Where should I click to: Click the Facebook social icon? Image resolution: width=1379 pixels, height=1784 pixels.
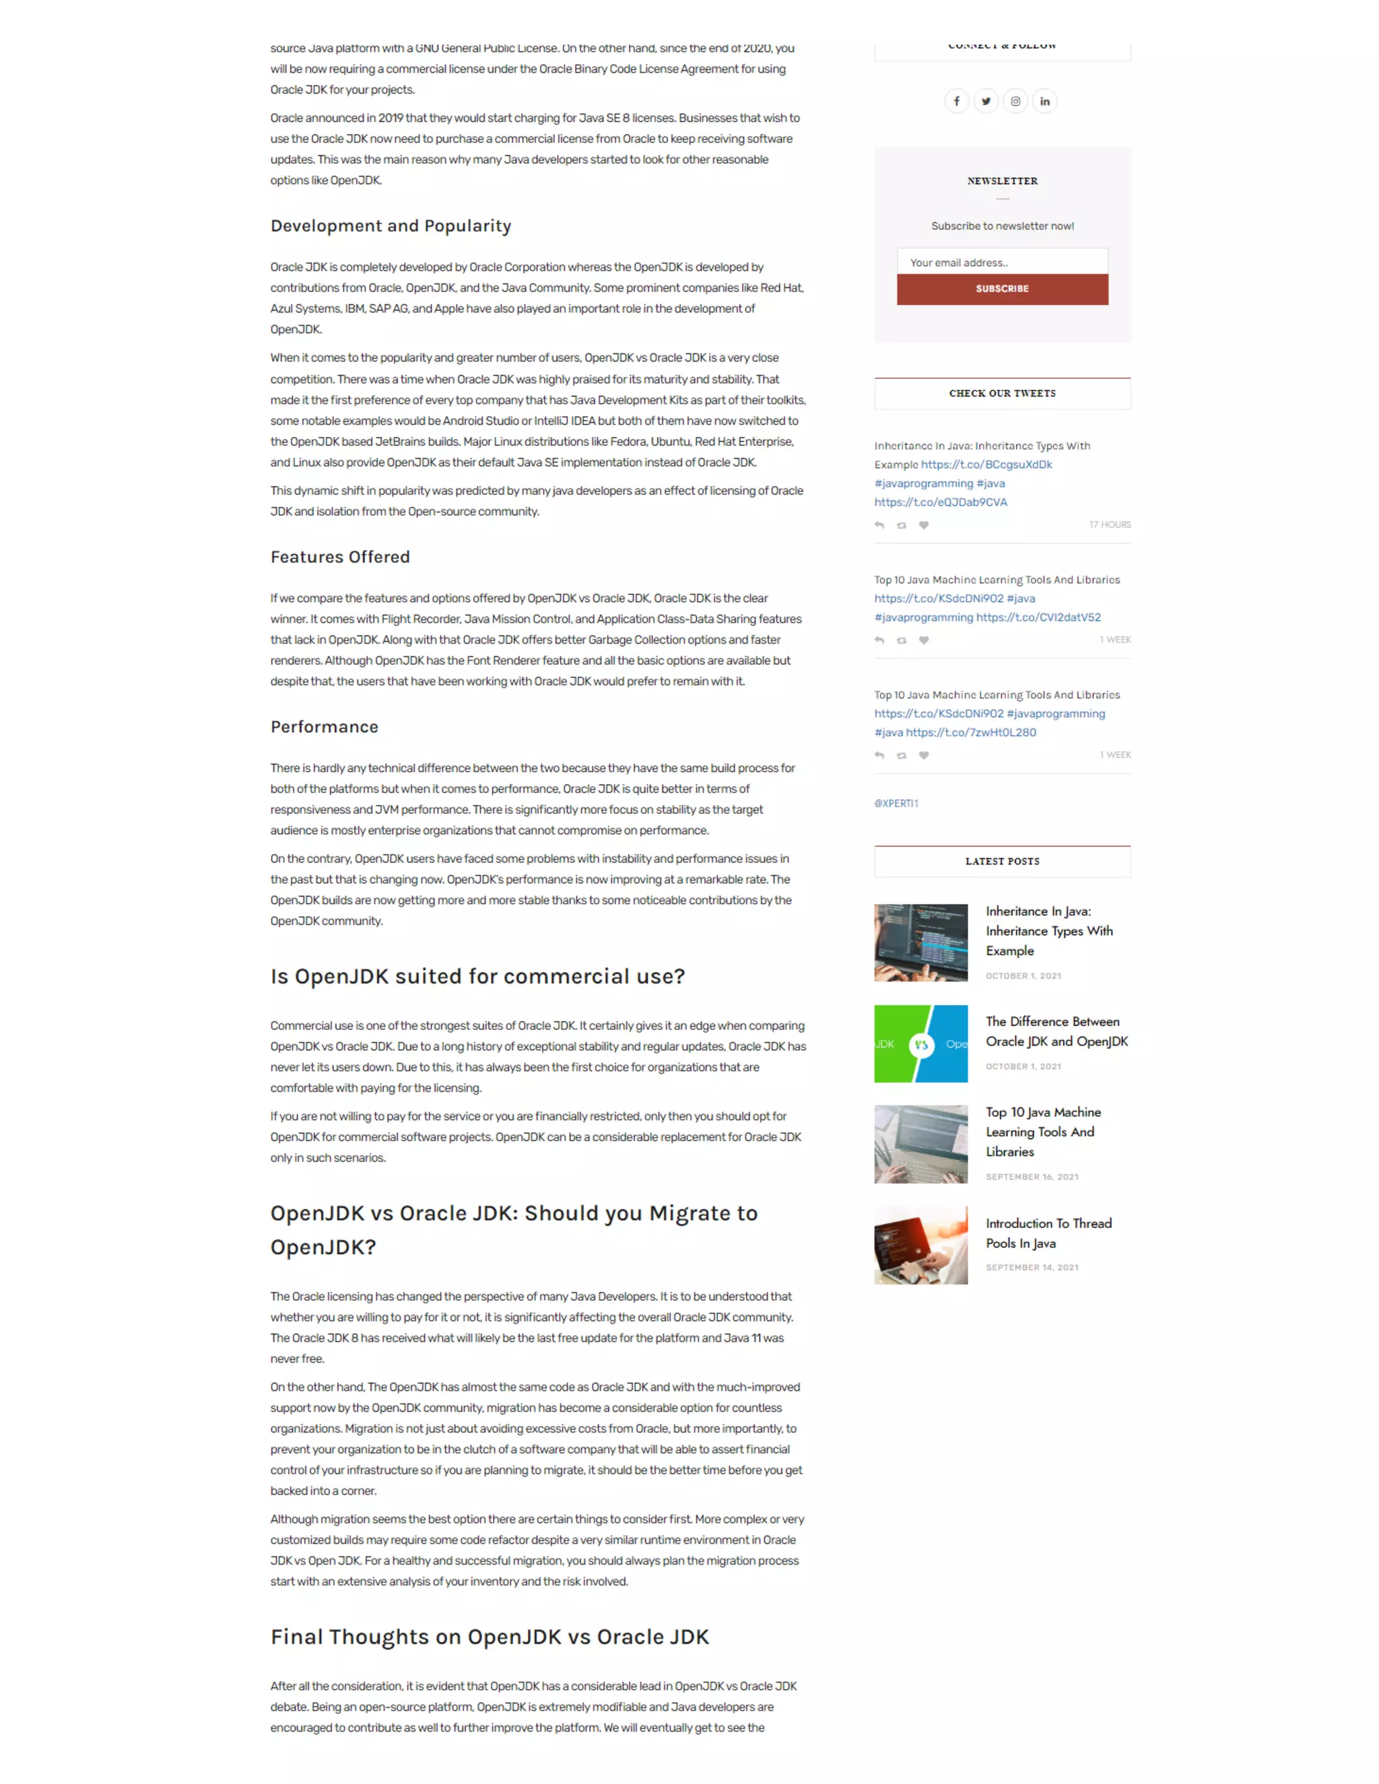click(957, 101)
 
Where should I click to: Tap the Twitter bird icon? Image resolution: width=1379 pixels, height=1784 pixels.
click(986, 101)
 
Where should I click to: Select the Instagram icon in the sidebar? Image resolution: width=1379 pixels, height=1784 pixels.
click(1015, 101)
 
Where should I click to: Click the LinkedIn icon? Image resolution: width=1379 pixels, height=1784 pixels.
click(1045, 101)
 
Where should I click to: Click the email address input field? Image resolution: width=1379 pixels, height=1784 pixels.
click(1003, 262)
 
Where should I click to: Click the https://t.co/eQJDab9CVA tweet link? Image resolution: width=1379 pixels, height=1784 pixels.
click(940, 502)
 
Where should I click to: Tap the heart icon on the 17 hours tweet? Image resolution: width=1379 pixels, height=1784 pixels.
click(924, 525)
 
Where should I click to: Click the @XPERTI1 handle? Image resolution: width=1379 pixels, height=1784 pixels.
click(896, 804)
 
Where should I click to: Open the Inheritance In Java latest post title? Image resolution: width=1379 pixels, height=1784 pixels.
click(1049, 931)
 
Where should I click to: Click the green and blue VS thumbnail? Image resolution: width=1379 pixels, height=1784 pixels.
click(920, 1044)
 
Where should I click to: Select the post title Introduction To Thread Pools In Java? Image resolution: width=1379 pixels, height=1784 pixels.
click(1048, 1233)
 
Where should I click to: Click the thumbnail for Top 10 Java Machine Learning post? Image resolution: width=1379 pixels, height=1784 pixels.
click(920, 1144)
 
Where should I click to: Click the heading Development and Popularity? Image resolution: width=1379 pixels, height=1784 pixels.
click(391, 226)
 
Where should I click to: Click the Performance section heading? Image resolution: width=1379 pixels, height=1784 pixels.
click(325, 727)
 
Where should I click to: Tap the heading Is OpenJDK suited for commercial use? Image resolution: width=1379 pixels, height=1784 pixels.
click(477, 977)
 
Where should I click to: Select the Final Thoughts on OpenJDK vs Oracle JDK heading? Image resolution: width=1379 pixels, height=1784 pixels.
click(490, 1637)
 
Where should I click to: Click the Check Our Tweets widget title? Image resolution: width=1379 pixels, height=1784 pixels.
click(1003, 394)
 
